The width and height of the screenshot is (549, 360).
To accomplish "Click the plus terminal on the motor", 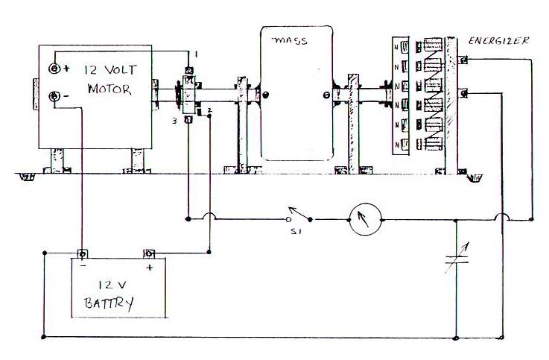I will click(56, 69).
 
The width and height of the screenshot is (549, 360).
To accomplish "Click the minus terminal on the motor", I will click(56, 97).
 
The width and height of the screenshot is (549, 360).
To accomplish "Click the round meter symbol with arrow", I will click(364, 220).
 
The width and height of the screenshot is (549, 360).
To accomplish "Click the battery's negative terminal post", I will click(83, 253).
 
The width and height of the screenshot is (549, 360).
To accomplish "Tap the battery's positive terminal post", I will click(149, 253).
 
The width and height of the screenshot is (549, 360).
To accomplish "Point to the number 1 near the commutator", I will click(195, 56).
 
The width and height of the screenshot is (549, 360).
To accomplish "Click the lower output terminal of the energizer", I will click(463, 93).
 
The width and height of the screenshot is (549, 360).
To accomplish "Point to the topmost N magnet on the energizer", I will click(396, 45).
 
